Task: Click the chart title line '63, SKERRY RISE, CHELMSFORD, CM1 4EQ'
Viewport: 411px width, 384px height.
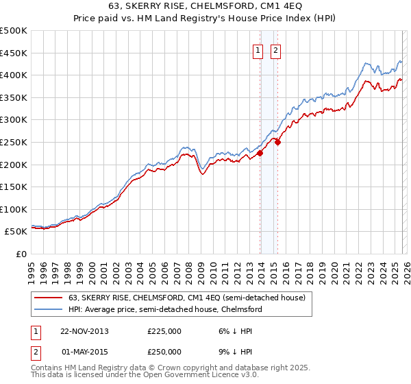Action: point(206,8)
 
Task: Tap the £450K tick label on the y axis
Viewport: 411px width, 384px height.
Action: point(14,53)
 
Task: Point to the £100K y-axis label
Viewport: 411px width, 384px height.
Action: point(14,209)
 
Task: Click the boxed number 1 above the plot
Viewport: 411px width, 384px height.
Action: point(259,50)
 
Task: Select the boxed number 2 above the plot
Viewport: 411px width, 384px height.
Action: point(276,50)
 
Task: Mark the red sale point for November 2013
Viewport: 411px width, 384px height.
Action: point(260,154)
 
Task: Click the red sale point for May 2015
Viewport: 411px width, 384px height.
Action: point(277,142)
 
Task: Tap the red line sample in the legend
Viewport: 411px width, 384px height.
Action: point(49,298)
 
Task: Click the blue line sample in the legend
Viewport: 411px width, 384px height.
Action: point(49,309)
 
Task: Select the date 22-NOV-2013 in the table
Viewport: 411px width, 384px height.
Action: point(84,331)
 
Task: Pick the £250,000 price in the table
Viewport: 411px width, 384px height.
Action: point(164,351)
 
